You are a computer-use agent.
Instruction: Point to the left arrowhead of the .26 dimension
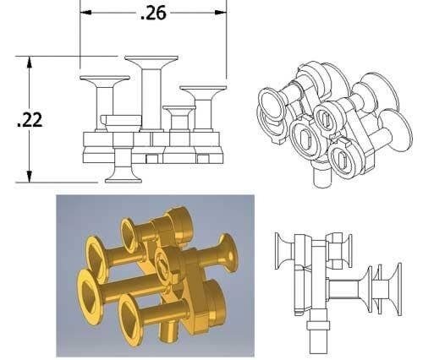click(85, 13)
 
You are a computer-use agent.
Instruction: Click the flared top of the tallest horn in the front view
click(151, 61)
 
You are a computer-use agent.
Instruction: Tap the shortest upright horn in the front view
click(179, 110)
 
